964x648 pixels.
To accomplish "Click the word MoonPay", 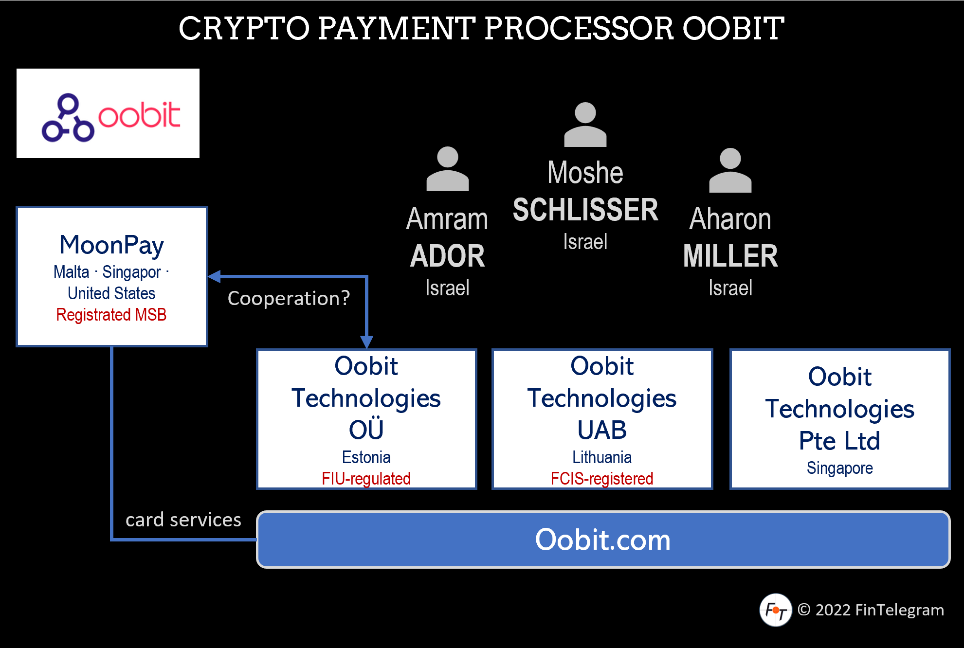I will pos(111,245).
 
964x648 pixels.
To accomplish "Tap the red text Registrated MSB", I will pos(111,315).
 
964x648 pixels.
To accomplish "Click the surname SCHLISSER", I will pos(585,210).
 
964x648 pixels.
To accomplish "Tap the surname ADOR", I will pos(447,256).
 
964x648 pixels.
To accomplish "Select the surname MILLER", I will pos(730,256).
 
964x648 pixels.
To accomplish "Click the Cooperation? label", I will pos(289,298).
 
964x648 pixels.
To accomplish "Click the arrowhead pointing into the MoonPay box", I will pos(215,276).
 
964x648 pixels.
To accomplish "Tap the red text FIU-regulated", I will pos(366,479).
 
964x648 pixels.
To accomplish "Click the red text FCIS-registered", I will pos(601,479).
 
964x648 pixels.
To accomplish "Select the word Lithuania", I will pos(601,457).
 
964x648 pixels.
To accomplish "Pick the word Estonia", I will pos(366,457).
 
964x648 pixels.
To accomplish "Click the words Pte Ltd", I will pos(839,441).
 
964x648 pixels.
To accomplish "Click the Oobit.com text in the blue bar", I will pos(602,540).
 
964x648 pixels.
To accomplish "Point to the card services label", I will pos(183,520).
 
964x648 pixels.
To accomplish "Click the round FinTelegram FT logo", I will pos(775,610).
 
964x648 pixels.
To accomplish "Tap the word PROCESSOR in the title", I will pos(579,28).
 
